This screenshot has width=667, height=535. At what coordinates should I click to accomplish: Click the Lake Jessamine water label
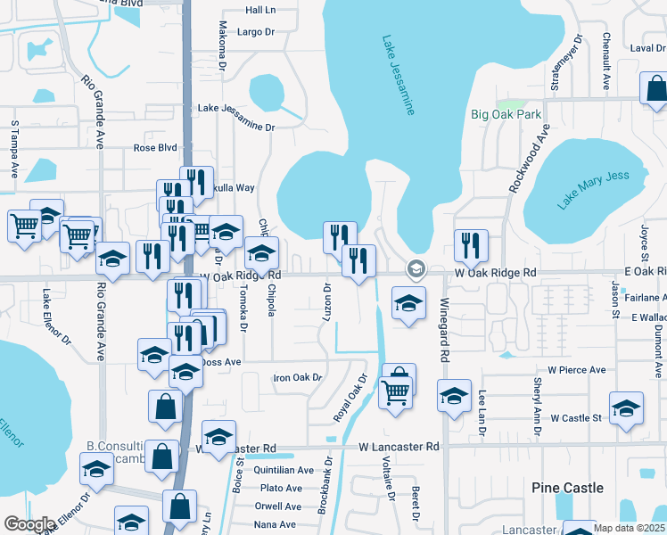point(399,76)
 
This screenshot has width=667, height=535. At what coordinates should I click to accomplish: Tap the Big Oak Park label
point(506,114)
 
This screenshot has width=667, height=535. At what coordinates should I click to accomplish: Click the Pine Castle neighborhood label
point(567,488)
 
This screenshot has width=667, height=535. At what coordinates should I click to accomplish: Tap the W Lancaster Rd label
point(399,446)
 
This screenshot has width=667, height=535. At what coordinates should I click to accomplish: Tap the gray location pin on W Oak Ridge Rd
point(415,268)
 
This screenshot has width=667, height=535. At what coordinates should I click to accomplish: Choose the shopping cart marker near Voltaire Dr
point(395,391)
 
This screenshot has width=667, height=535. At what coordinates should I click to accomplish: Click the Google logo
point(29,523)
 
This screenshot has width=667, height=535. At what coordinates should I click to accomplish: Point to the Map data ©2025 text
point(629,528)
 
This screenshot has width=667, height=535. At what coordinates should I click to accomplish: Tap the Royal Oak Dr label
point(350,398)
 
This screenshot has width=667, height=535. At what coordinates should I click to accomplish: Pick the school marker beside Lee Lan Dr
point(453,395)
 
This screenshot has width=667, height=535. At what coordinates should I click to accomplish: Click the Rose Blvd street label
point(155,148)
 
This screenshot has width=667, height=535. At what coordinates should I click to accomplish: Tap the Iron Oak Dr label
point(297,378)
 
